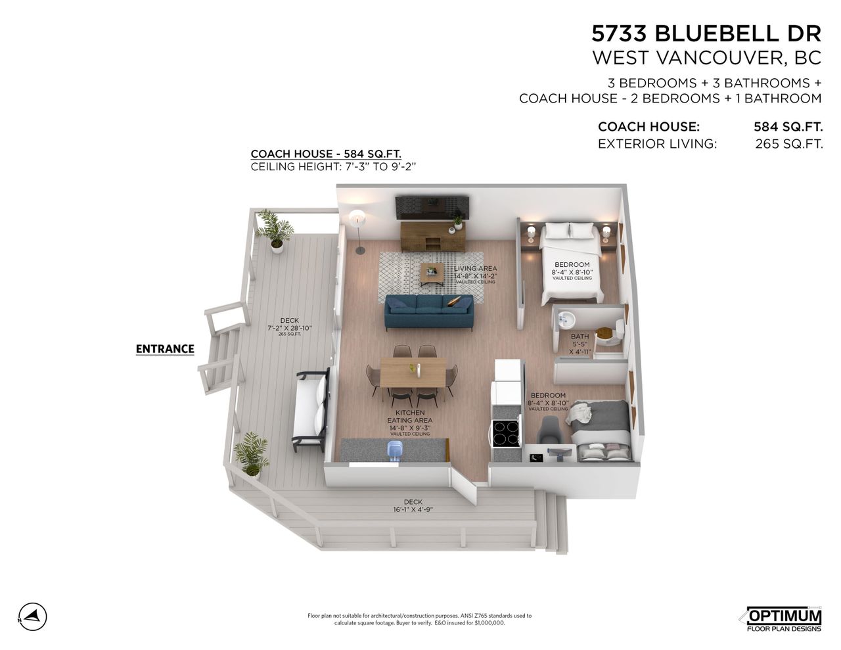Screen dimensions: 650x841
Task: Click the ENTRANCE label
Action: coord(165,349)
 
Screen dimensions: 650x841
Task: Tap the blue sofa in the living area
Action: coord(429,313)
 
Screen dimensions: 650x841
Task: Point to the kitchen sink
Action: coord(395,450)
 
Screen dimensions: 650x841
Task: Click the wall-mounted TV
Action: coord(432,206)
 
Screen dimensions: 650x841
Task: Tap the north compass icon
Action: coord(33,616)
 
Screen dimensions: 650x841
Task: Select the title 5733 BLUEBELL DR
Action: coord(706,33)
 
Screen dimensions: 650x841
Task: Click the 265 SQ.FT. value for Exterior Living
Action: coord(788,144)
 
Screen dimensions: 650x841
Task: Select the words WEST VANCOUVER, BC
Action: coord(706,58)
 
